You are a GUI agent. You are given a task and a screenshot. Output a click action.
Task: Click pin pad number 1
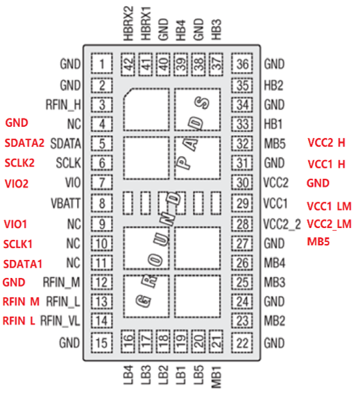pos(101,64)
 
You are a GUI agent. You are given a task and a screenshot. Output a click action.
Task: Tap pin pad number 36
pos(242,64)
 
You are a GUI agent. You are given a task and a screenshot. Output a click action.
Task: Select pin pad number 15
pos(101,342)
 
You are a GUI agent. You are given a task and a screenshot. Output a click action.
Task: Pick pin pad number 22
pos(242,342)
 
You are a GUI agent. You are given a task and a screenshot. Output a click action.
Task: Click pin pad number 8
pos(101,203)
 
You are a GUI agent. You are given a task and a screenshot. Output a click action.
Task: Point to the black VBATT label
pos(65,203)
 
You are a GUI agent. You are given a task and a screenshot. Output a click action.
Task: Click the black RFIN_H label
pos(63,105)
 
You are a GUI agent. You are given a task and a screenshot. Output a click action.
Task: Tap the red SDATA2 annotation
pos(24,143)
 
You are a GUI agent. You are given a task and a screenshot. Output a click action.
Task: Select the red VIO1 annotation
pos(15,224)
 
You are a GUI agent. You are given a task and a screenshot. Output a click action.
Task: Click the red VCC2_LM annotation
pos(329,224)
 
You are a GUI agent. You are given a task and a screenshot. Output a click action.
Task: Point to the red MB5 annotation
pos(318,242)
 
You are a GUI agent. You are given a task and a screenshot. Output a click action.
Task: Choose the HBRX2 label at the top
pos(128,24)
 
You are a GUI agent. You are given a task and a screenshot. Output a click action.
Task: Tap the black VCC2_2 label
pos(282,224)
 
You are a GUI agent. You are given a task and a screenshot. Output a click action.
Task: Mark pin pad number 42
pos(128,64)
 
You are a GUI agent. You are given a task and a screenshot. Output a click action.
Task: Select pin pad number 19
pos(180,342)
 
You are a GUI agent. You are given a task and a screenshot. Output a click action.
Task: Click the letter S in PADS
pos(203,103)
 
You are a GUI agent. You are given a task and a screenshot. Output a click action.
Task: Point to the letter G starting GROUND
pos(144,301)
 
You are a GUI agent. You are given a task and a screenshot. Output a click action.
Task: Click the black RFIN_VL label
pos(60,321)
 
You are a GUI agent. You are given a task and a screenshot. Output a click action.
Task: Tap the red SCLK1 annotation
pos(18,244)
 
